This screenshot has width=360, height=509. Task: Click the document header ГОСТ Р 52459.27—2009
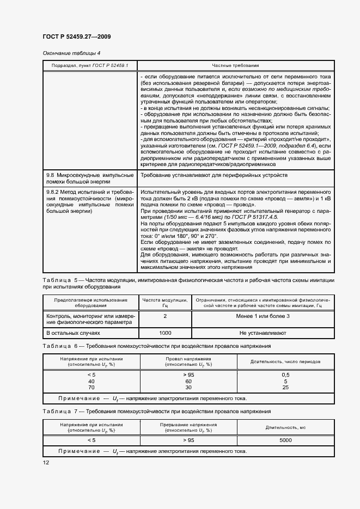(x=76, y=37)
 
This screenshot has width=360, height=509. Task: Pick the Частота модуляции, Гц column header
(x=165, y=303)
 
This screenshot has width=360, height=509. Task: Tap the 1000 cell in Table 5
(x=165, y=332)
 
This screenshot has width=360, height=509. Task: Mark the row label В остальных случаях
(x=73, y=332)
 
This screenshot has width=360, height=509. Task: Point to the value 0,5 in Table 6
(x=285, y=375)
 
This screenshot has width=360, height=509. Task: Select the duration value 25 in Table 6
(x=285, y=388)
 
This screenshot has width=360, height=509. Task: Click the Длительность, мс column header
(x=285, y=427)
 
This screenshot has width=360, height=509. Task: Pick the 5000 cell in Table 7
(x=285, y=440)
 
